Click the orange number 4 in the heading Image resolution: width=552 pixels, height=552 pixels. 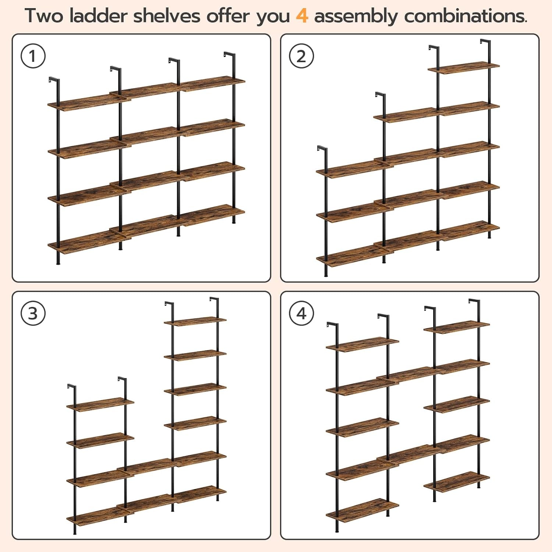pos(302,16)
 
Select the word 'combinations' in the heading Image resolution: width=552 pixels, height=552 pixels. pos(465,16)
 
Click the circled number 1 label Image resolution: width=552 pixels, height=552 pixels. pos(33,56)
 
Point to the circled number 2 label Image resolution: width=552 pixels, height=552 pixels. pos(301,56)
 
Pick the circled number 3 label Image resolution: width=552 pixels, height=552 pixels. pos(33,314)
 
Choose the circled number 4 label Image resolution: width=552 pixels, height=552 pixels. pos(301,314)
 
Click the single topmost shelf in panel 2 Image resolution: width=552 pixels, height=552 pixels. pos(464,68)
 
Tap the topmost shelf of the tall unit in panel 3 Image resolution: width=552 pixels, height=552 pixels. pos(195,321)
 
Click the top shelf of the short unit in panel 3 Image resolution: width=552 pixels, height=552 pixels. pos(100,403)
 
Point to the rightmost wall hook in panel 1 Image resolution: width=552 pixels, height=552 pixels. pos(229,55)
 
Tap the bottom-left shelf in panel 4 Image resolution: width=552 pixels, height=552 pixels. pos(362,510)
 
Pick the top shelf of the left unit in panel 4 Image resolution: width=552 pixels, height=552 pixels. pos(362,344)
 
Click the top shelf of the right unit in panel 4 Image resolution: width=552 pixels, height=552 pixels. pos(456,327)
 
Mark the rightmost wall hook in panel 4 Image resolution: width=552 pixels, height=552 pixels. pos(474,302)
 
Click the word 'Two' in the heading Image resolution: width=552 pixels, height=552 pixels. pos(44,16)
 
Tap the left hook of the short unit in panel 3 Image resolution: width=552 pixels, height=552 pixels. pos(71,387)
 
